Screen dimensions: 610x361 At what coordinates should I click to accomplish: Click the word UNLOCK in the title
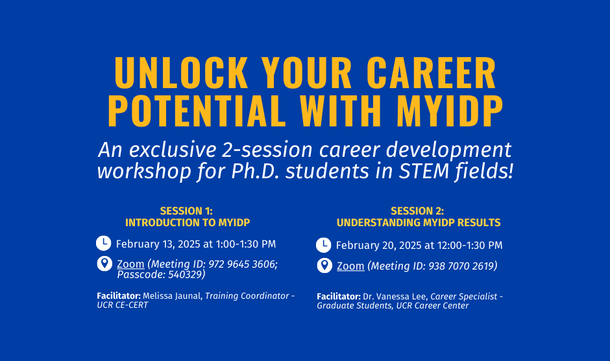pos(181,73)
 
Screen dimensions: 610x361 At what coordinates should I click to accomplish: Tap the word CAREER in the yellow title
pos(431,73)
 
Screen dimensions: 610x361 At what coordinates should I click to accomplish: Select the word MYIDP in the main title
pos(450,110)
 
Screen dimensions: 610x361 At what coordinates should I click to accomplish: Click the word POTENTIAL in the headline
pos(197,110)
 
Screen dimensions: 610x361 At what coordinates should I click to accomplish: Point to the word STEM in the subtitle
pos(424,171)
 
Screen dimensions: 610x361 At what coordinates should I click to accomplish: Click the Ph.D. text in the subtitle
pos(255,171)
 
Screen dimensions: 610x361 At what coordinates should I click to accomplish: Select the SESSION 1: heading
pos(186,211)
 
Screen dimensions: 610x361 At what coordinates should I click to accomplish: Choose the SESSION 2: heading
pos(417,211)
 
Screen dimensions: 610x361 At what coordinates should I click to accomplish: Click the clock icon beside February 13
pos(103,243)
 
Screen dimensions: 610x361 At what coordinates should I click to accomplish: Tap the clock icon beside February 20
pos(324,245)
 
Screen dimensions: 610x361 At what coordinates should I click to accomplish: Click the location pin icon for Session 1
pos(104,264)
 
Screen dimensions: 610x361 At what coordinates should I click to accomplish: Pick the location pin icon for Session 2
pos(324,266)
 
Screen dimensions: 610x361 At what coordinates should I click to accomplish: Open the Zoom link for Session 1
pos(130,264)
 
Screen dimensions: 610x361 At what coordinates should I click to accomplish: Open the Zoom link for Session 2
pos(350,266)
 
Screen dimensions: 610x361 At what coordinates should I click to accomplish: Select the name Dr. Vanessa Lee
pos(395,296)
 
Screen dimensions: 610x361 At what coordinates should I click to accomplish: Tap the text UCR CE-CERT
pos(123,305)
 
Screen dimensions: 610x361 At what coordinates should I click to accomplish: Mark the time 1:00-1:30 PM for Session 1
pos(246,244)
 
